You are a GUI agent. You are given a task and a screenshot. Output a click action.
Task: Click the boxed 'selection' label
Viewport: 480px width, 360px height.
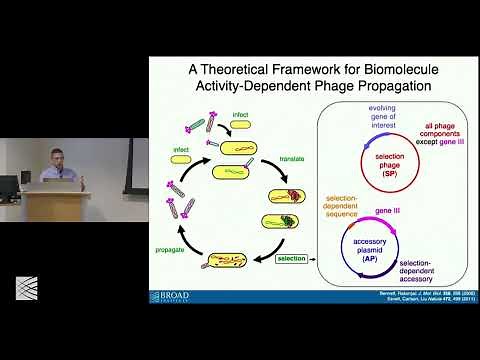(x=292, y=258)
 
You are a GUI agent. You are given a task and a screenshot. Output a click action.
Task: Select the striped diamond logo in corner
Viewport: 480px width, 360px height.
(x=26, y=290)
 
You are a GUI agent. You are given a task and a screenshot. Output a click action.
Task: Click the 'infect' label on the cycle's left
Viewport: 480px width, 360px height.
(x=180, y=150)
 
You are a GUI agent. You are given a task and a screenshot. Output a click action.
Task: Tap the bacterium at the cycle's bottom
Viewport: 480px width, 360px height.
(x=224, y=263)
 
